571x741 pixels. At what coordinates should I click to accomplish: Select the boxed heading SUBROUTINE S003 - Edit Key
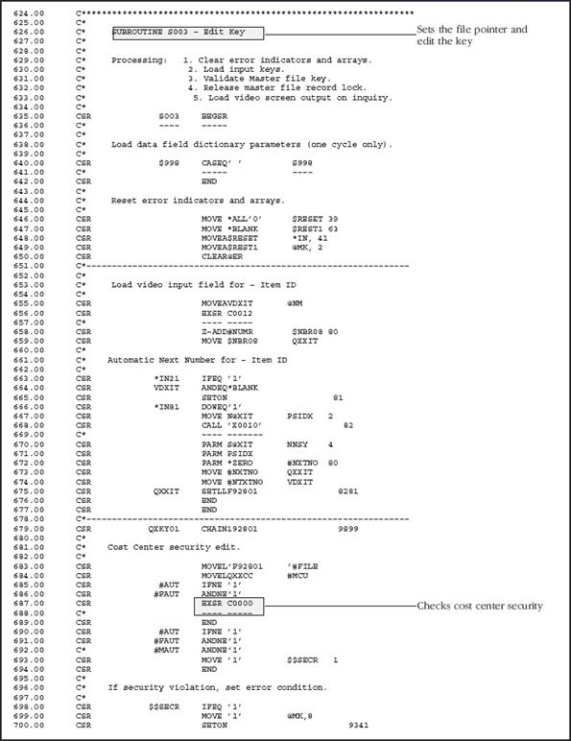pyautogui.click(x=186, y=32)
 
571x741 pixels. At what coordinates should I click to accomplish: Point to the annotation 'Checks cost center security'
pyautogui.click(x=479, y=606)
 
